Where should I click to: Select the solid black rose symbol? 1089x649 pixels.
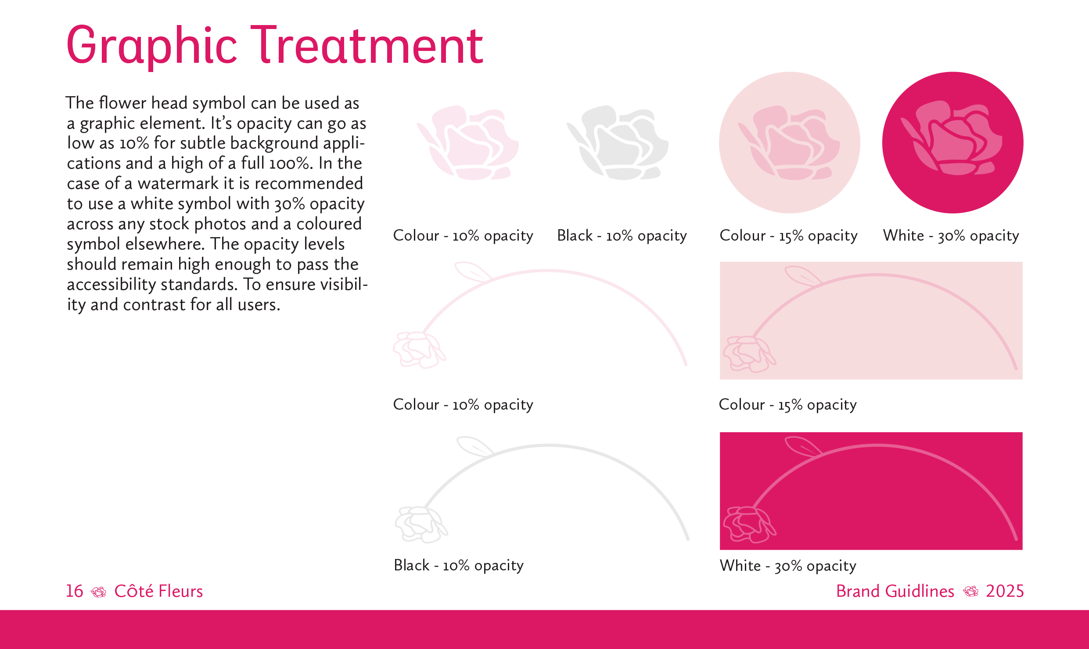618,143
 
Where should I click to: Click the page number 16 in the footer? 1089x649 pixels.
74,591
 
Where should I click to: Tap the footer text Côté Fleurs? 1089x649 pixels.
158,591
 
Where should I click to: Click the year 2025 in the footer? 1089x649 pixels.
1004,591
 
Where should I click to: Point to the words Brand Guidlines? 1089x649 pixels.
895,591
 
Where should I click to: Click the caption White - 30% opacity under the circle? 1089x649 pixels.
951,236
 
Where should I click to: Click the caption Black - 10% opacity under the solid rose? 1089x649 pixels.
622,236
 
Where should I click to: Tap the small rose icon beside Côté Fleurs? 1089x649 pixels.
98,592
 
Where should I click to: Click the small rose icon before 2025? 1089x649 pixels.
970,592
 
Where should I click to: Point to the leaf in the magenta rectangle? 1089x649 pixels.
802,446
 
